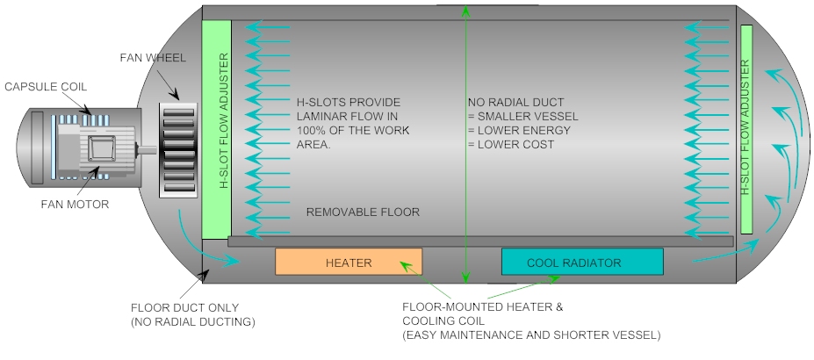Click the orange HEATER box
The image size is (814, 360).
(x=349, y=263)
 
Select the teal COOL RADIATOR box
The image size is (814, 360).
(x=581, y=263)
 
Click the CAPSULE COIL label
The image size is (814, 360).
(x=45, y=86)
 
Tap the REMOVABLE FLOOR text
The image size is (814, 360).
(x=362, y=212)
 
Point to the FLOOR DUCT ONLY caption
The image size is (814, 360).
(x=184, y=308)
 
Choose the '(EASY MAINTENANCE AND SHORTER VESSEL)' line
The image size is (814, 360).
(x=530, y=335)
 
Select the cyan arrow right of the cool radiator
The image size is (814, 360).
(x=720, y=256)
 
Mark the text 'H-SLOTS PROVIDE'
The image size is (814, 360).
(x=348, y=102)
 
